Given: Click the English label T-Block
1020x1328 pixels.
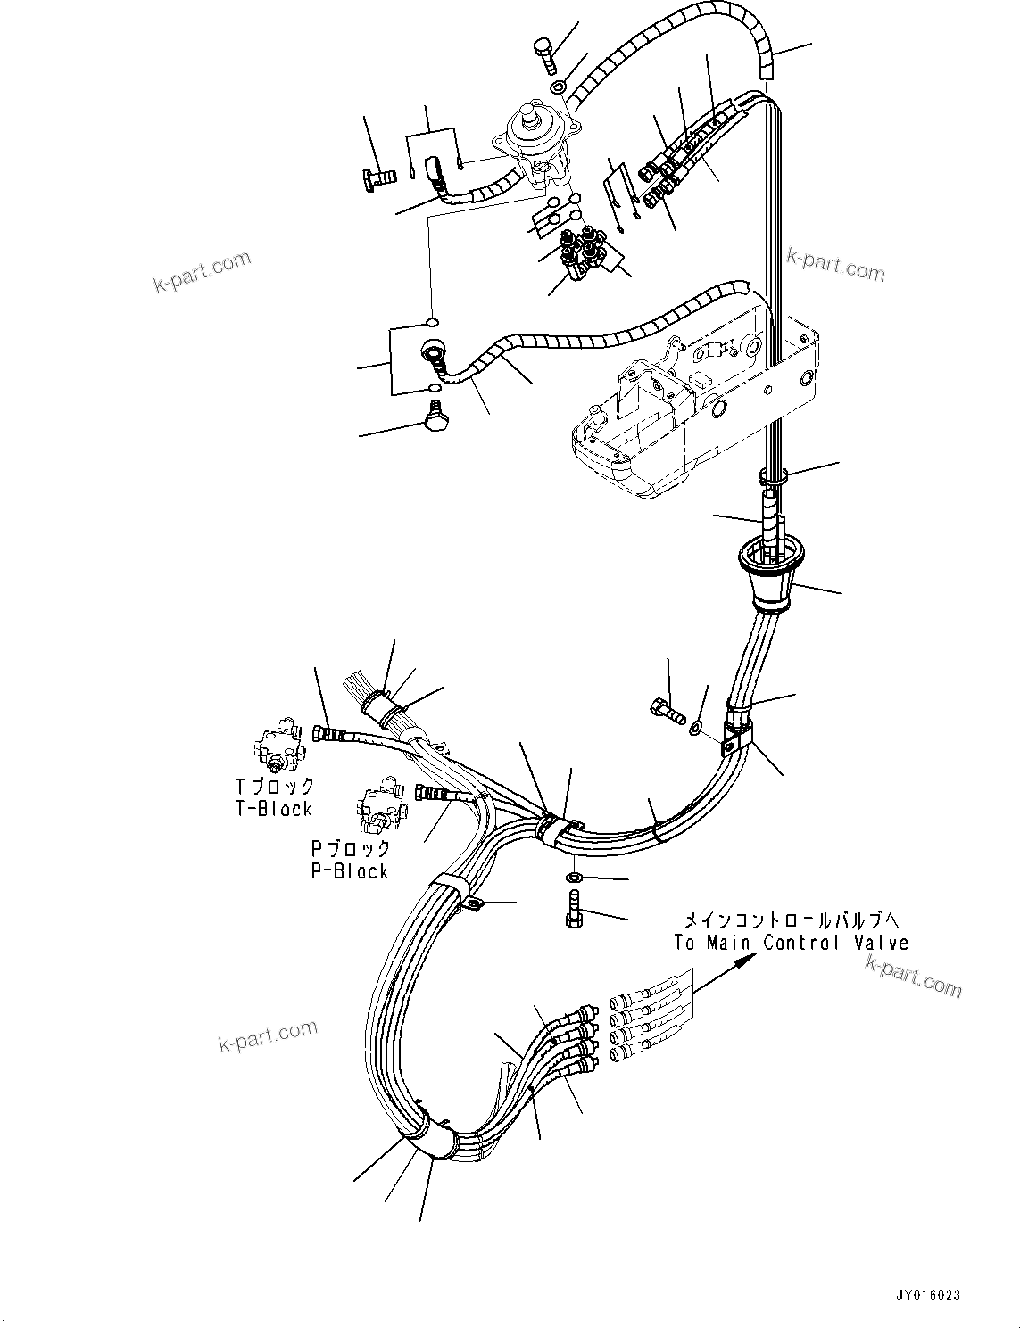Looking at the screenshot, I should click(273, 809).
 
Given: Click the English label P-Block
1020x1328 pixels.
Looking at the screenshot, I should click(350, 871).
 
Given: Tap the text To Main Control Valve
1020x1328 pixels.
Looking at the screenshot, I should click(791, 943).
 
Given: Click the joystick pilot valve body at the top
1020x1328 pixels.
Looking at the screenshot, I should click(535, 143).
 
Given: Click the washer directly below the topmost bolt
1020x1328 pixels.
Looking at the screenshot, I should click(557, 87).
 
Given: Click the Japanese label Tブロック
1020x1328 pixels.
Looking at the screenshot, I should click(275, 787).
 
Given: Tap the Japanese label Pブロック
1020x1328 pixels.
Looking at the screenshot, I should click(350, 848).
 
